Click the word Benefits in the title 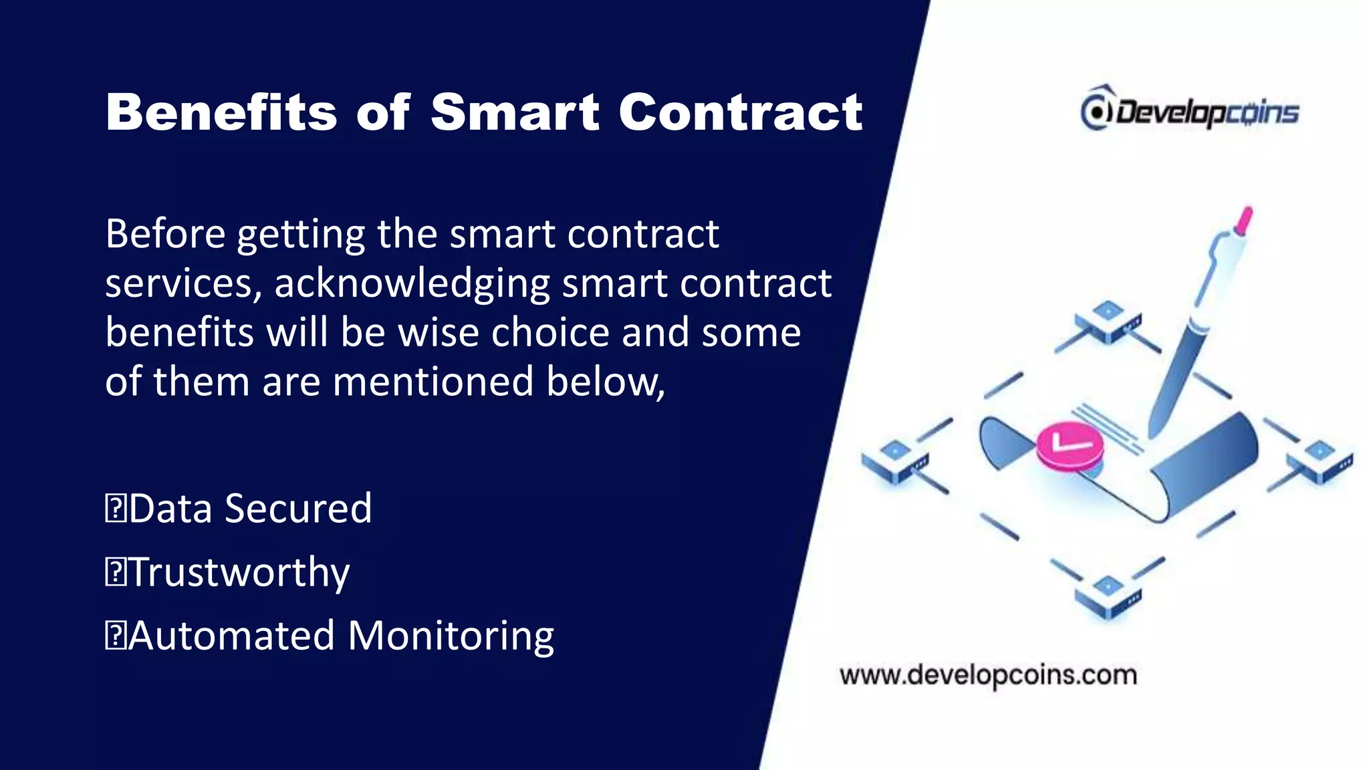pos(221,112)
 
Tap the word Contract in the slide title pos(741,112)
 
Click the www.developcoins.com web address pos(989,675)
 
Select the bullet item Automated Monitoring pos(341,635)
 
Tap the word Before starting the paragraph pos(165,234)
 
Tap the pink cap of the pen pos(1244,221)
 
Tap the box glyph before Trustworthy pos(116,573)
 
